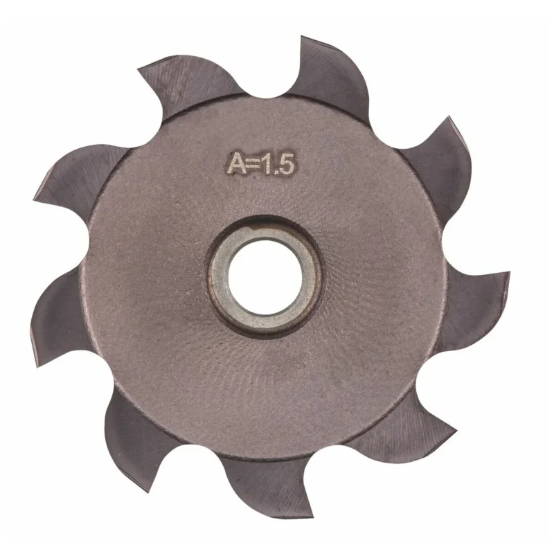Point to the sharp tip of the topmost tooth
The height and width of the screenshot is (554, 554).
point(301,37)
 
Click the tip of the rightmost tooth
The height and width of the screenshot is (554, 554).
point(510,272)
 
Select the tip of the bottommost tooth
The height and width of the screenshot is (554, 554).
point(312,517)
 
